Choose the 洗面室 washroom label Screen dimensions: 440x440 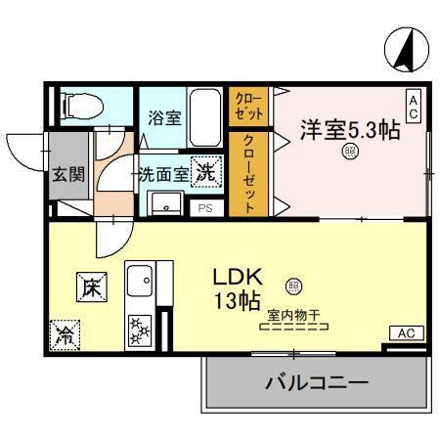click(x=163, y=176)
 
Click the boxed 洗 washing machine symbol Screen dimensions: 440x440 click(x=206, y=172)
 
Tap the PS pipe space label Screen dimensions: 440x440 click(x=205, y=208)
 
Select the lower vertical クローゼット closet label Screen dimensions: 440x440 click(x=249, y=173)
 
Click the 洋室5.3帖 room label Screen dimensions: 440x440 click(x=348, y=129)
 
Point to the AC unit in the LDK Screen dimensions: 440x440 click(x=407, y=333)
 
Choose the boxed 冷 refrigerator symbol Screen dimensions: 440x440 click(x=65, y=334)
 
